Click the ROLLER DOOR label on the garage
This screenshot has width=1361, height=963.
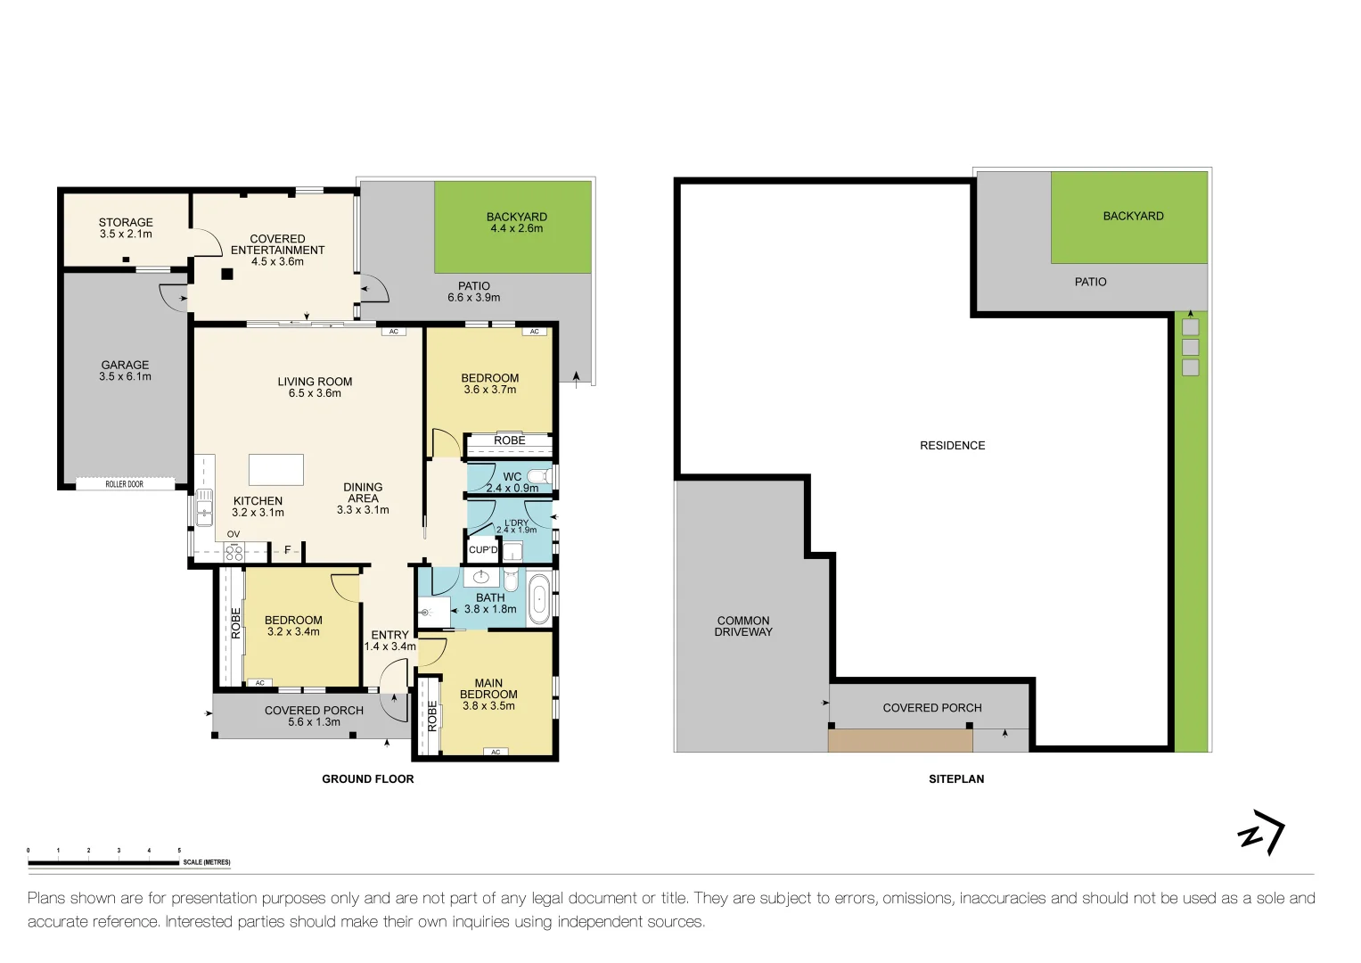pyautogui.click(x=124, y=484)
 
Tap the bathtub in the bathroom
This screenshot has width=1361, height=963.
pyautogui.click(x=539, y=600)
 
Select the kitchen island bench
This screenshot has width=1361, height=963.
pyautogui.click(x=276, y=469)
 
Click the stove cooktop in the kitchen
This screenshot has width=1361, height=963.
pyautogui.click(x=234, y=552)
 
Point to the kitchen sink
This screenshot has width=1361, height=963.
pyautogui.click(x=204, y=507)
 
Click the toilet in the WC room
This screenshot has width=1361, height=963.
pyautogui.click(x=539, y=476)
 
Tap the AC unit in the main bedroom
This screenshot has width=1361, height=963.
pyautogui.click(x=496, y=752)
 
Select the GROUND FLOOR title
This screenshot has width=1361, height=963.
pyautogui.click(x=367, y=779)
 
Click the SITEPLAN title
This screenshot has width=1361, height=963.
pyautogui.click(x=955, y=779)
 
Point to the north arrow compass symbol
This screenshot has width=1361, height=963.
pyautogui.click(x=1261, y=834)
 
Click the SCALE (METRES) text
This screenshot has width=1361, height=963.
pyautogui.click(x=207, y=862)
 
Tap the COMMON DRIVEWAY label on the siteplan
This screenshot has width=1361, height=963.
pyautogui.click(x=742, y=626)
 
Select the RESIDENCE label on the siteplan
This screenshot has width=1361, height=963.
pyautogui.click(x=952, y=446)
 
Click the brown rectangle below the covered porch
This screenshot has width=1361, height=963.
pyautogui.click(x=899, y=741)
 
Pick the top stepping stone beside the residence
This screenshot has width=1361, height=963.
pyautogui.click(x=1190, y=327)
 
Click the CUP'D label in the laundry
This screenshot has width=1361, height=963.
pyautogui.click(x=483, y=550)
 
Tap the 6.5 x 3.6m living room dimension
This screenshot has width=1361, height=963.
pyautogui.click(x=315, y=393)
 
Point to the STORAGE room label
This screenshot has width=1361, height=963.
pyautogui.click(x=126, y=222)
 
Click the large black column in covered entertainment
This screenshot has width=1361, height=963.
pyautogui.click(x=227, y=275)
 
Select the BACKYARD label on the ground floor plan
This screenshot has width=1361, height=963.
pyautogui.click(x=516, y=217)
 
